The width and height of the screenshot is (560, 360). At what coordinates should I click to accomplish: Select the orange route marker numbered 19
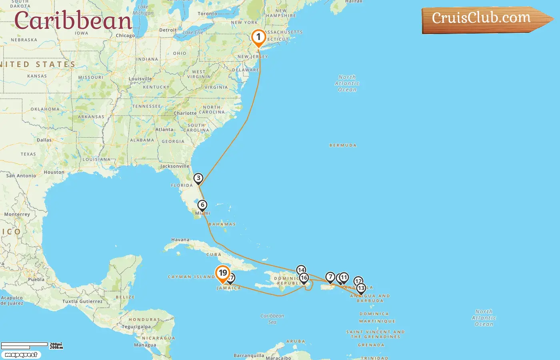coord(222,273)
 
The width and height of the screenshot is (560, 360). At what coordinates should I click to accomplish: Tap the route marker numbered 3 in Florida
coord(198,178)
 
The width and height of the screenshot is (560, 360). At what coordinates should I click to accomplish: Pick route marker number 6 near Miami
coord(202,205)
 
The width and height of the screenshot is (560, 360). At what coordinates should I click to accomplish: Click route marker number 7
coord(330,277)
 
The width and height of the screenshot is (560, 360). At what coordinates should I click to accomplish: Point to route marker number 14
coord(301,270)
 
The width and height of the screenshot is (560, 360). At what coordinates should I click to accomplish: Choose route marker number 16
coord(304,278)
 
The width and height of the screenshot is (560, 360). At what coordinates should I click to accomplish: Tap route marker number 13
coord(361,288)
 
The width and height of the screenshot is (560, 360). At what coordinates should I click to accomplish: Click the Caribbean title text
coord(73,21)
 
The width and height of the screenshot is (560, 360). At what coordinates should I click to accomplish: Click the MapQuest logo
coord(21,355)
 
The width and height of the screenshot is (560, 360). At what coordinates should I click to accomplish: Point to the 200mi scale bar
coord(24,345)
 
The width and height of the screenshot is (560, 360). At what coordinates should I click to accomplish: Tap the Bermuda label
coord(343,145)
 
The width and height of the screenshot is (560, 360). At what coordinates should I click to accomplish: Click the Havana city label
coord(180,240)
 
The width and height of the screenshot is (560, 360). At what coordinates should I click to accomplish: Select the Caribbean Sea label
coord(272,318)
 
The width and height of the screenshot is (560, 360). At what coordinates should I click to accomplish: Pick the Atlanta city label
coord(164,130)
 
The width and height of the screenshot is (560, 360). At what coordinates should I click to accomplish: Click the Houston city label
coord(54,172)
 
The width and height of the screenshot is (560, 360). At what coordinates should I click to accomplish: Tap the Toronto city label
coord(207,14)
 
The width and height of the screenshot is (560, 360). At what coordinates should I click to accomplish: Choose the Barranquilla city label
coord(249,355)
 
